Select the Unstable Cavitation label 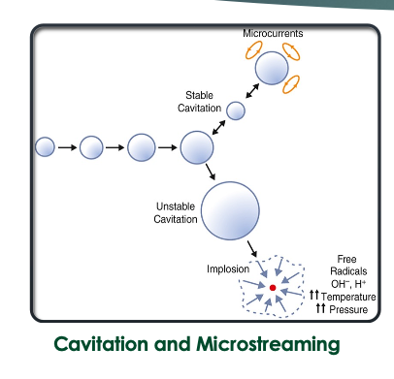[175, 213]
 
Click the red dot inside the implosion [273, 289]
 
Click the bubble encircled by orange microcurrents [272, 69]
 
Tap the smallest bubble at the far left [45, 147]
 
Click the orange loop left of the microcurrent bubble [248, 55]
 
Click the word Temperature [348, 295]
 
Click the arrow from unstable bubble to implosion [254, 249]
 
